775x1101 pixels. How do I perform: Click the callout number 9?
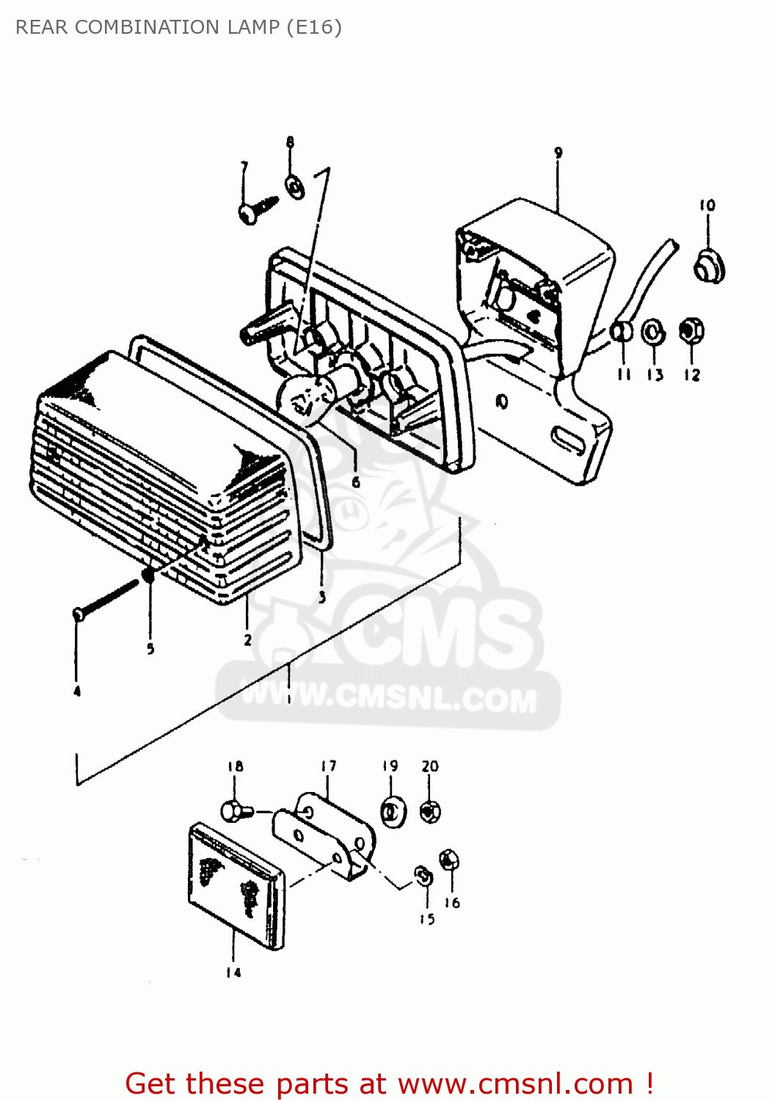point(558,153)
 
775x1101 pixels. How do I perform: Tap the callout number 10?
point(707,206)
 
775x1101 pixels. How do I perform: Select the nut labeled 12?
point(691,331)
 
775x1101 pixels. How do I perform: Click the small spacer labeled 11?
point(622,332)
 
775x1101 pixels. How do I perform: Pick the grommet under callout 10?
point(709,266)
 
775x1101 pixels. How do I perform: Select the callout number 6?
point(356,482)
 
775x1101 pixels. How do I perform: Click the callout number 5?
point(150,649)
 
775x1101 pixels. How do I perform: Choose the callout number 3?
point(321,597)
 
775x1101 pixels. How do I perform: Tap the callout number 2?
point(248,640)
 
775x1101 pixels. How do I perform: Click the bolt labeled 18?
point(234,811)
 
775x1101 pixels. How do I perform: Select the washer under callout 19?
point(393,813)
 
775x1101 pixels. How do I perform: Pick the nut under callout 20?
point(430,812)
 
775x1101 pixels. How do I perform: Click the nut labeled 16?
point(450,860)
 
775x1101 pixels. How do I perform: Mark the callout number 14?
point(233,973)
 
